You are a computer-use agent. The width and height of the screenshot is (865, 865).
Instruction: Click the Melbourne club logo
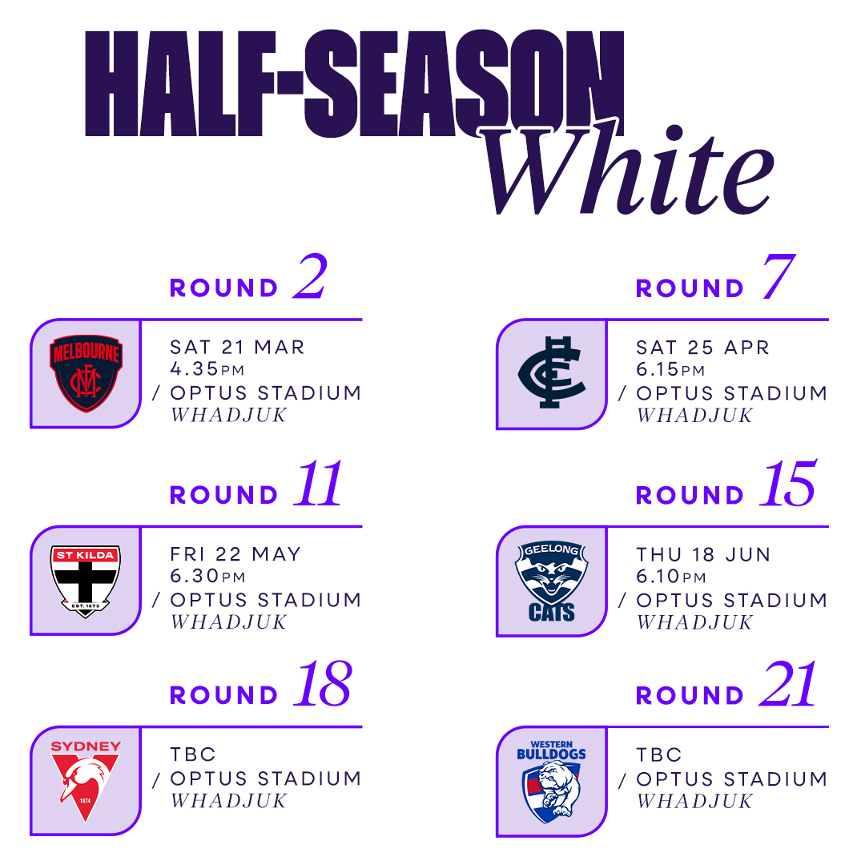click(x=86, y=373)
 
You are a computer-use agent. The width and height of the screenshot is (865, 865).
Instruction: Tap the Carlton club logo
click(x=552, y=372)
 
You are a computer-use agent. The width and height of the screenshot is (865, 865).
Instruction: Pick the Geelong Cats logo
click(x=552, y=581)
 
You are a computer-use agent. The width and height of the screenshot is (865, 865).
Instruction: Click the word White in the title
click(x=629, y=168)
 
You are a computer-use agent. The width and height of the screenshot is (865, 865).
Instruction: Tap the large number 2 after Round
click(x=311, y=277)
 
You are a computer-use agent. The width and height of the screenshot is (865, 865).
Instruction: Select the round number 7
click(x=778, y=277)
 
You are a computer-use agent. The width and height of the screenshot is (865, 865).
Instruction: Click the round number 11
click(x=318, y=484)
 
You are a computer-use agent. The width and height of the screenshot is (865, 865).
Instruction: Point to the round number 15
click(x=787, y=484)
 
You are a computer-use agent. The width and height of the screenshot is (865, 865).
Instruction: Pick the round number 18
click(x=323, y=684)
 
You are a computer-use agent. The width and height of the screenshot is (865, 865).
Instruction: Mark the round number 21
click(x=787, y=684)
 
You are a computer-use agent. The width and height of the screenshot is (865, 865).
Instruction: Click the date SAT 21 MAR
click(x=237, y=347)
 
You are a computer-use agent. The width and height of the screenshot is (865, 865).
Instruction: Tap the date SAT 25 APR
click(x=703, y=348)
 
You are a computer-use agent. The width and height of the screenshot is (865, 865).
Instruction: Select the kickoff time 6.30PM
click(x=207, y=576)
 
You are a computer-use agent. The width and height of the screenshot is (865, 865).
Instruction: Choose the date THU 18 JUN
click(x=703, y=554)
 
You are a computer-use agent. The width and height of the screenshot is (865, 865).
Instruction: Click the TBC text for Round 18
click(x=192, y=754)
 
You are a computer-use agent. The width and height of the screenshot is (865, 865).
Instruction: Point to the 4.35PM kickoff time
click(x=207, y=369)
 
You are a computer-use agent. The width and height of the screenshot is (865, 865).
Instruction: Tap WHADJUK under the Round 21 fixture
click(x=694, y=802)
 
